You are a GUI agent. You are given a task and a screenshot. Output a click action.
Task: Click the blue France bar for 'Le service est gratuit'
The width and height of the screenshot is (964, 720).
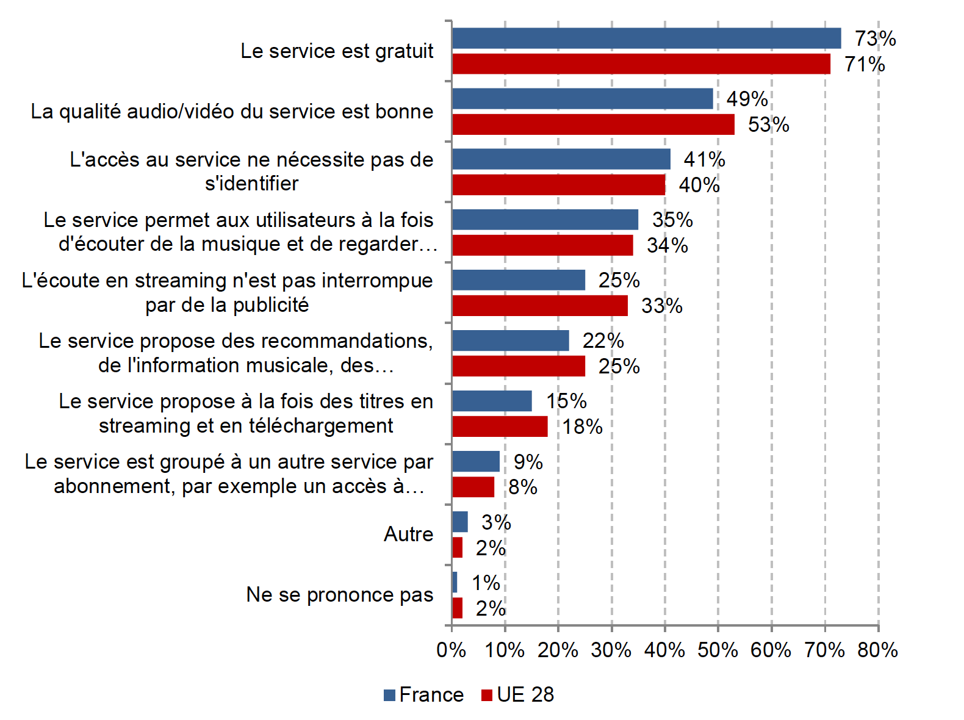point(646,38)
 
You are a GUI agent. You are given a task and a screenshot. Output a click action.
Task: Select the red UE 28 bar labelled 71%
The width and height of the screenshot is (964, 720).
point(641,64)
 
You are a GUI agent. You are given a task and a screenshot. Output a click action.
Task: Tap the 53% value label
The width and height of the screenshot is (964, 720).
point(768,125)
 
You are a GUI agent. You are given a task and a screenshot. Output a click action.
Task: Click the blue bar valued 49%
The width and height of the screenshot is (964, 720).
point(582,99)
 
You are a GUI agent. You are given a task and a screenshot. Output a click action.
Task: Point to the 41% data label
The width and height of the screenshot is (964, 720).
point(704,160)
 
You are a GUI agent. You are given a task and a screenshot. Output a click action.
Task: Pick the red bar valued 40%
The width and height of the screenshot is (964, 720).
point(558,185)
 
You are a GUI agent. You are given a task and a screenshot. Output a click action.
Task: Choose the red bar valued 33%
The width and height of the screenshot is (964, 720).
point(539,306)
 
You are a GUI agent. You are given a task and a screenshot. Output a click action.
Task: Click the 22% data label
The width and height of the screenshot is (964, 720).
point(603,341)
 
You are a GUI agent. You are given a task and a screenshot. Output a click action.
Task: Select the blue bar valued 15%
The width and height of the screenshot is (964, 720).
point(492,401)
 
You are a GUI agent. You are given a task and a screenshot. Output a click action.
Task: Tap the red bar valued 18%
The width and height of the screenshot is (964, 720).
point(500,427)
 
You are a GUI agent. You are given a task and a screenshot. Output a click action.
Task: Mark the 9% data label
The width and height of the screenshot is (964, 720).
point(528,462)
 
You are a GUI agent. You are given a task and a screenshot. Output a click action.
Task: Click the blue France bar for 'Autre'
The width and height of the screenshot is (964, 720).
point(460,522)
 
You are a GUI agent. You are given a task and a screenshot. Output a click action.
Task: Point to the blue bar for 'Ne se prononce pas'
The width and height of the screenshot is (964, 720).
point(455,582)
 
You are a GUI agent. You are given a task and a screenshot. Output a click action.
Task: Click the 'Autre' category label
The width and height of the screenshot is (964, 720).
point(408,535)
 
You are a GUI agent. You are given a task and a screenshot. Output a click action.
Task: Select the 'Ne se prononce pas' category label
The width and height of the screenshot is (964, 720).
point(339,595)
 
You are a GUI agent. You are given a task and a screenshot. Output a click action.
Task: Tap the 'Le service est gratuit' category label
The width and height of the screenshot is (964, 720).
point(337,51)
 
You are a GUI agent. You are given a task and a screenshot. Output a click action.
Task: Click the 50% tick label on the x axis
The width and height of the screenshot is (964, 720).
point(718,650)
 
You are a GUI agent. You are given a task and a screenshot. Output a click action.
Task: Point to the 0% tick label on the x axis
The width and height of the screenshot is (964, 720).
point(451,650)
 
